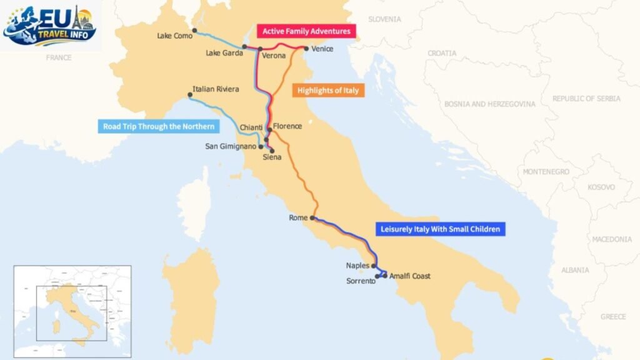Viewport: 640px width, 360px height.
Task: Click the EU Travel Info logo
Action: (50, 26)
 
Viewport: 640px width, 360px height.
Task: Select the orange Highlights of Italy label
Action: (327, 91)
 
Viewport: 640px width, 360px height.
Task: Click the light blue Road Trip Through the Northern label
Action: (159, 127)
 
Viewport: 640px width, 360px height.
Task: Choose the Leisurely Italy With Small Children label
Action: (440, 229)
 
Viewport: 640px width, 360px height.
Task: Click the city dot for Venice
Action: (306, 48)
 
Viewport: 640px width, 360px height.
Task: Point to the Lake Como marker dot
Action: (195, 30)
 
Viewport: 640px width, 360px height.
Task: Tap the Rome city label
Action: (298, 218)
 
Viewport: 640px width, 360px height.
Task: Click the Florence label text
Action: (287, 126)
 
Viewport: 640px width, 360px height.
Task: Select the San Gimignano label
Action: (231, 147)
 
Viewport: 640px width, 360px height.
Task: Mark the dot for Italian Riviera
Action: (190, 95)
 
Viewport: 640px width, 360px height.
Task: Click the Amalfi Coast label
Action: (410, 276)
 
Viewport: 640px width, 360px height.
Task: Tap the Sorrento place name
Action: (361, 281)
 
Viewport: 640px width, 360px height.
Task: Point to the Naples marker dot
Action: (374, 266)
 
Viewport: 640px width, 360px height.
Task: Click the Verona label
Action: (274, 56)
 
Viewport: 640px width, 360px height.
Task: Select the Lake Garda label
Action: (224, 53)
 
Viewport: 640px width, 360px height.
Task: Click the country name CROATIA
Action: (442, 54)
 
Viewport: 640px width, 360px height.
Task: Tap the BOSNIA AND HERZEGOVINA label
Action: (491, 104)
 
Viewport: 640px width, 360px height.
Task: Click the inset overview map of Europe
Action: (72, 311)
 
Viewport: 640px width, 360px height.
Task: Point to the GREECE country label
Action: (613, 317)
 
